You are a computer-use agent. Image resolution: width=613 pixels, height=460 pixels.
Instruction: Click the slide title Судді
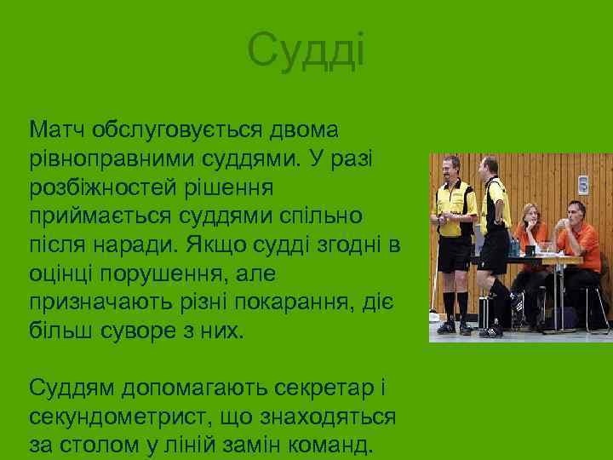click(x=306, y=51)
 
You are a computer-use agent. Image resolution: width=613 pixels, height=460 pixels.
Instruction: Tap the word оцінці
click(x=62, y=275)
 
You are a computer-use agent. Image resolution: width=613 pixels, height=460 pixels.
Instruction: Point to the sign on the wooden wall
click(x=583, y=183)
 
